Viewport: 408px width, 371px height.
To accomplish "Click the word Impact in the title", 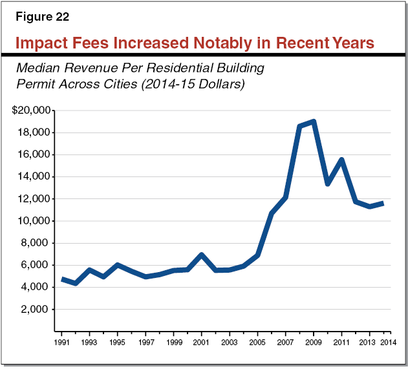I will pyautogui.click(x=41, y=43).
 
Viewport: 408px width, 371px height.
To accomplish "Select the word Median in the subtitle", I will pyautogui.click(x=39, y=68).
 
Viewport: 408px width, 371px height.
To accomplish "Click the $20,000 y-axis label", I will pyautogui.click(x=31, y=111).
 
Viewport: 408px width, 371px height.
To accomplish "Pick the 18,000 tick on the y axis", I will pyautogui.click(x=34, y=132).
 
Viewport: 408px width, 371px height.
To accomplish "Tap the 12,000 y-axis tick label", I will pyautogui.click(x=34, y=199).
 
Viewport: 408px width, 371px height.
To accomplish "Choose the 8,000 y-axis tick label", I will pyautogui.click(x=36, y=243).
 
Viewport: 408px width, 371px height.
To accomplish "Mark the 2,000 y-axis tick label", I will pyautogui.click(x=36, y=309).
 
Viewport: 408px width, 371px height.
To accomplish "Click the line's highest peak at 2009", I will pyautogui.click(x=314, y=122).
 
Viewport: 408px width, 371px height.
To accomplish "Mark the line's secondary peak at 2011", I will pyautogui.click(x=341, y=160).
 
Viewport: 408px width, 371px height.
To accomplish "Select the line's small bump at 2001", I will pyautogui.click(x=202, y=255).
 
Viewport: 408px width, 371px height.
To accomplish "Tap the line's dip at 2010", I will pyautogui.click(x=328, y=184).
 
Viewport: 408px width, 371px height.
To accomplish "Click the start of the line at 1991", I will pyautogui.click(x=62, y=279).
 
